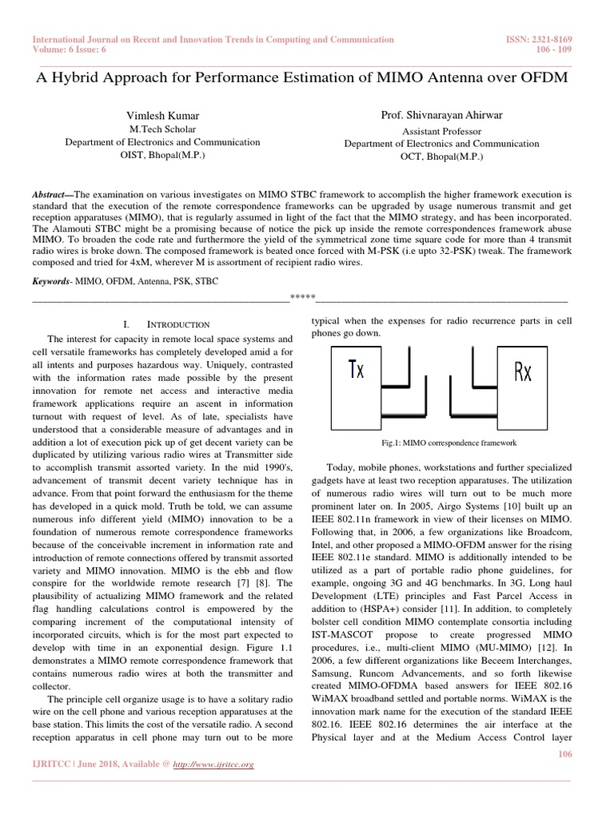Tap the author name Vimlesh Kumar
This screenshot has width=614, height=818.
tap(162, 116)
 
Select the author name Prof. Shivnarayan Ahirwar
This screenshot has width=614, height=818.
tap(441, 117)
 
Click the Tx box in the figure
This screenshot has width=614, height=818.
tap(356, 371)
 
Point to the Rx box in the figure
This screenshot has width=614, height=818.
tap(522, 371)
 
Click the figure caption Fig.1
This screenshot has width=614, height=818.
tap(449, 442)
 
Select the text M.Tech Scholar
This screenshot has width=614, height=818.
tap(162, 129)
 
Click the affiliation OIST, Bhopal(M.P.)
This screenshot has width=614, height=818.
tap(162, 155)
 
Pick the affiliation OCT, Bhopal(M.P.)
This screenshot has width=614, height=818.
tap(441, 157)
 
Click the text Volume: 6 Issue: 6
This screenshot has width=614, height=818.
tap(69, 50)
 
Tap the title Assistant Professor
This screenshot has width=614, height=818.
tap(441, 131)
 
